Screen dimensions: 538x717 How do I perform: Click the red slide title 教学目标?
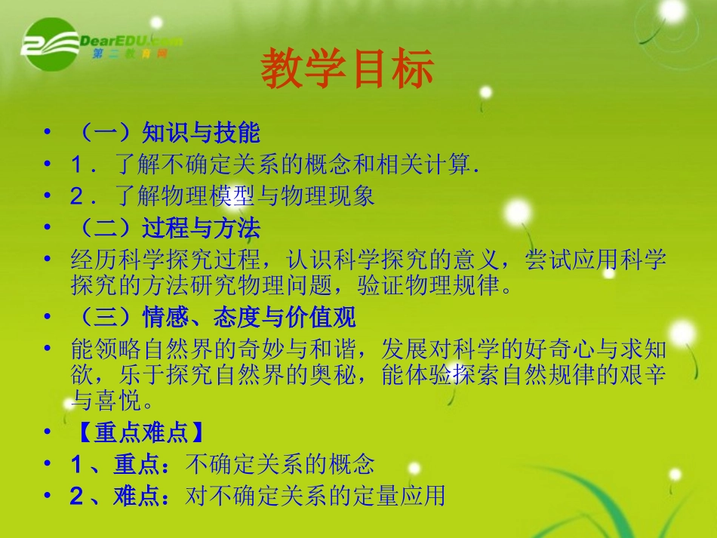[x=347, y=69]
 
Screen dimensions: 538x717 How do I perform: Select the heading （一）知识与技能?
[x=165, y=134]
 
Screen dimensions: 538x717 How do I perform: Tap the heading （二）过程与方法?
[x=165, y=227]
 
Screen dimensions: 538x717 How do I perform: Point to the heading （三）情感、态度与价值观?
[x=213, y=318]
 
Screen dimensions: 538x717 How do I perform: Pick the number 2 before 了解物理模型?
[x=77, y=196]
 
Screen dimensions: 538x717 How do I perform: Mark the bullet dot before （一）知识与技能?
[x=48, y=133]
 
